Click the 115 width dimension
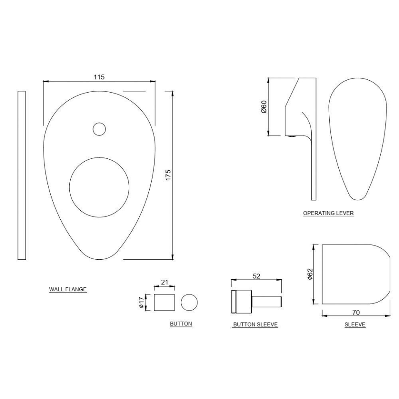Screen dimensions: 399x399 click(x=99, y=77)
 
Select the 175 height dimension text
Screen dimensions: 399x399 click(x=168, y=175)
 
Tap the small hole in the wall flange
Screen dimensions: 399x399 click(x=99, y=129)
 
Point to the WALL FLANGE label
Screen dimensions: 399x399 click(x=68, y=289)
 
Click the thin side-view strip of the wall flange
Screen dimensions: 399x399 click(x=22, y=175)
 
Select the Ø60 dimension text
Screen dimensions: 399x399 click(x=264, y=107)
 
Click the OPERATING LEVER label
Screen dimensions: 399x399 click(x=328, y=213)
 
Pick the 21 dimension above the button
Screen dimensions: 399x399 click(x=165, y=282)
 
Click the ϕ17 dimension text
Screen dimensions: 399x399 click(x=142, y=302)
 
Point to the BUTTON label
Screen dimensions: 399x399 click(x=181, y=323)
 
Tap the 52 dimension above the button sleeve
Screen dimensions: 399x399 click(x=257, y=275)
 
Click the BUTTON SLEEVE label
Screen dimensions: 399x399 click(x=255, y=324)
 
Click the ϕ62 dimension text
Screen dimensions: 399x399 click(x=310, y=274)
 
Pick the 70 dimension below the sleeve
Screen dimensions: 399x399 click(x=356, y=312)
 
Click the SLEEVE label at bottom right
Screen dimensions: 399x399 click(x=355, y=324)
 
